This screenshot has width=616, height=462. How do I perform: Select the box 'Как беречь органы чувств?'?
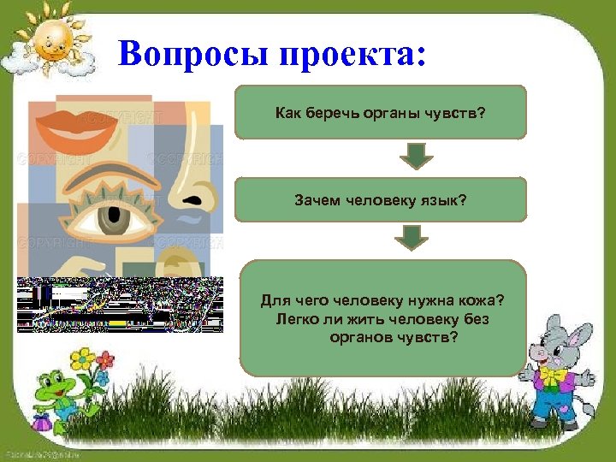380,112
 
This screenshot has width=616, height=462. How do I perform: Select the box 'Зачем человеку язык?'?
380,200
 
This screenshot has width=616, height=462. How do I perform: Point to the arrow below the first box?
417,156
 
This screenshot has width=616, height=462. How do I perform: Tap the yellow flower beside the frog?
82,357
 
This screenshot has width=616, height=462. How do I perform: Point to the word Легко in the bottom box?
296,319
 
